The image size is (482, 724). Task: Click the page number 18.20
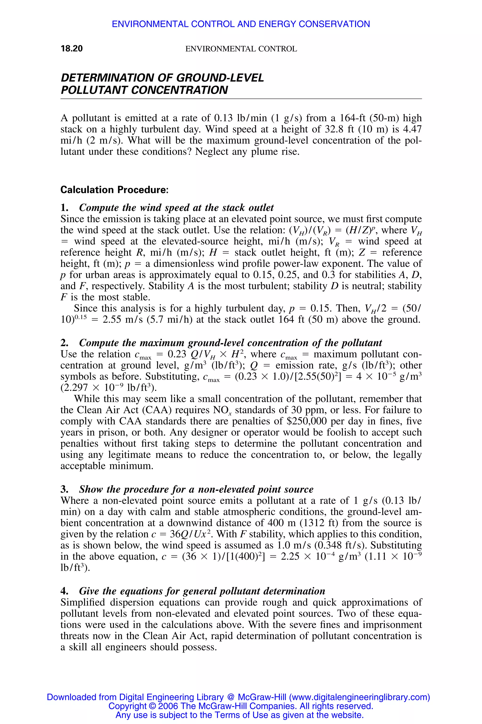pyautogui.click(x=72, y=49)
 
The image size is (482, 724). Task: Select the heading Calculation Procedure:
pyautogui.click(x=114, y=190)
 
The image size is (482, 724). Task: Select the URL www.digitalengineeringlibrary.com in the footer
pyautogui.click(x=359, y=697)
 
